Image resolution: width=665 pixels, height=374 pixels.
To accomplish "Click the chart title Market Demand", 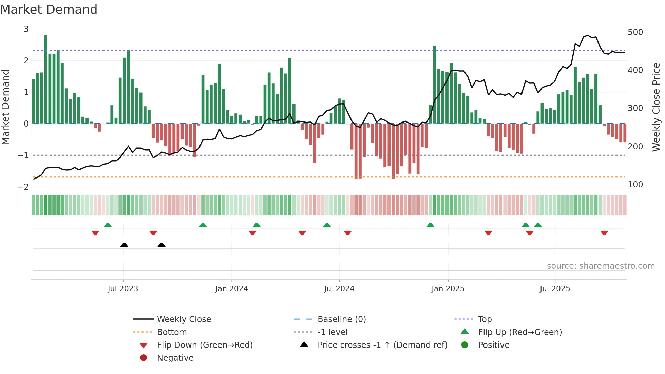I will click(49, 10).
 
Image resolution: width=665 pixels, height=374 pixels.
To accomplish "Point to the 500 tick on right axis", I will click(635, 32).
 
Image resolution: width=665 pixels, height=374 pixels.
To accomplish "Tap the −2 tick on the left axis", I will click(23, 187).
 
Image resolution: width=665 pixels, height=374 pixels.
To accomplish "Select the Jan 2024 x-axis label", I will click(231, 289).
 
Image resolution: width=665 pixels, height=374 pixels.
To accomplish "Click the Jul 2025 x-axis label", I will click(555, 289).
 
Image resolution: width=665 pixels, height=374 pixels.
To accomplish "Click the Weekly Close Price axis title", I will click(656, 107).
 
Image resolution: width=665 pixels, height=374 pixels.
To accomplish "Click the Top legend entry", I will click(485, 319).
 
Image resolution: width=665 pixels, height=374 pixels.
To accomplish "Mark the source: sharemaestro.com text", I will click(601, 266).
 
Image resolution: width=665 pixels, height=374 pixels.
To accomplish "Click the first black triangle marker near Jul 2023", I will click(124, 245).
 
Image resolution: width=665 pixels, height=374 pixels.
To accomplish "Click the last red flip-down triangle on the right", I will click(604, 233).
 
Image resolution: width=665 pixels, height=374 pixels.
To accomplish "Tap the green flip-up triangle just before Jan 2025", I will click(430, 225).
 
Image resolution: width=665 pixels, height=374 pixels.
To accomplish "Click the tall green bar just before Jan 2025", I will click(434, 85).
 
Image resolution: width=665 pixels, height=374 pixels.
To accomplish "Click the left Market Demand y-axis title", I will click(5, 107).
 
